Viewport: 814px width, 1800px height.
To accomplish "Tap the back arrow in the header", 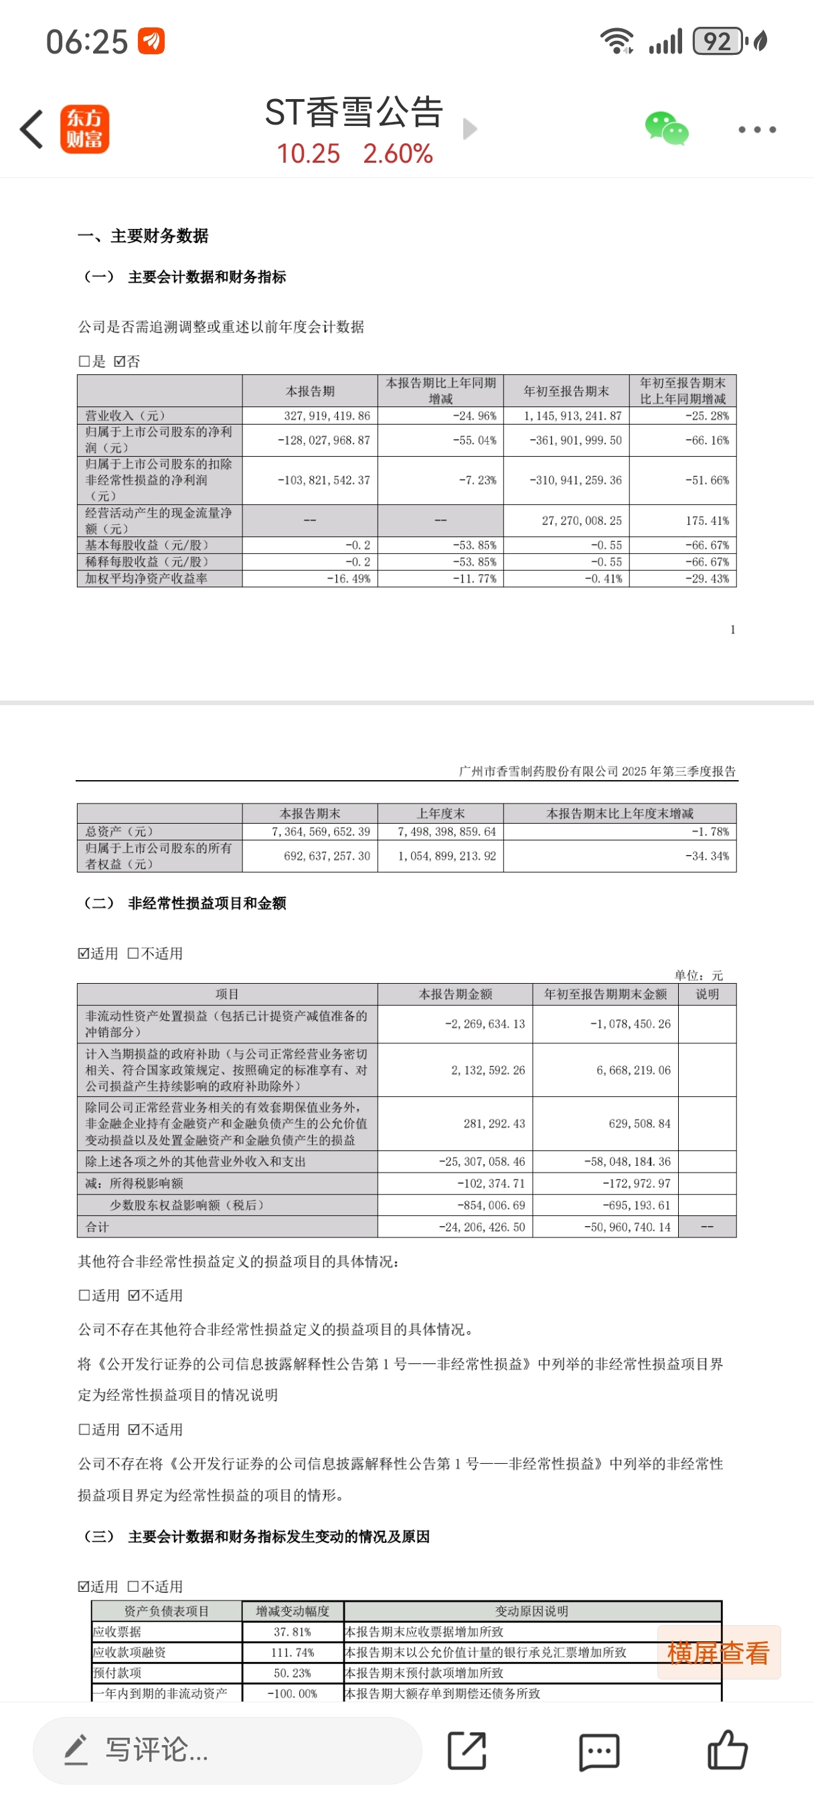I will coord(32,129).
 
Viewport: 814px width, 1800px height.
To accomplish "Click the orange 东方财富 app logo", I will coord(84,129).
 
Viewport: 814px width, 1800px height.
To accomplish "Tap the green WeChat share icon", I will coord(666,129).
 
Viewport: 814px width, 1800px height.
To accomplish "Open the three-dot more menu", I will coord(756,129).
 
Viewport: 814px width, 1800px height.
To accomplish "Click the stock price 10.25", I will coord(308,154).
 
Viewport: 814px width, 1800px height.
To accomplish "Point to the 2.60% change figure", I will coord(398,154).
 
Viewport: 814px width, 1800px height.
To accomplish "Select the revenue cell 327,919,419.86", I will coord(326,416).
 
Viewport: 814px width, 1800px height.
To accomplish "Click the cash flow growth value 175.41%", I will coord(706,520).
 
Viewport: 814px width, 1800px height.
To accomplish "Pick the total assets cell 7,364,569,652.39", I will coord(321,832).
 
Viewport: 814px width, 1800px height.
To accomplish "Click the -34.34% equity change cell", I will coord(706,856).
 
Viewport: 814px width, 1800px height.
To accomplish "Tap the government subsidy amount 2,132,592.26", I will coord(488,1070).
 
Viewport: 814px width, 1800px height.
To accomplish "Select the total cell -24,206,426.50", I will coord(481,1227).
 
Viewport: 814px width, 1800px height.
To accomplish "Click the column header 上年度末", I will coord(440,814).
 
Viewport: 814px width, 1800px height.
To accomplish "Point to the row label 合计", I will coord(97,1227).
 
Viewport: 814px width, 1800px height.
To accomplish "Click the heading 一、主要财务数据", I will coord(143,236).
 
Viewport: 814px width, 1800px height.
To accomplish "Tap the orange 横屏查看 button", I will coord(718,1653).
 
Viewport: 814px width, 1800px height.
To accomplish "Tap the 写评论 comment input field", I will coord(227,1750).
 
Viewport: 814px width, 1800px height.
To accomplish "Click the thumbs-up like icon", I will coord(727,1750).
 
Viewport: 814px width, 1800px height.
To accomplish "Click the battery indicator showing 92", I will coord(718,42).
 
